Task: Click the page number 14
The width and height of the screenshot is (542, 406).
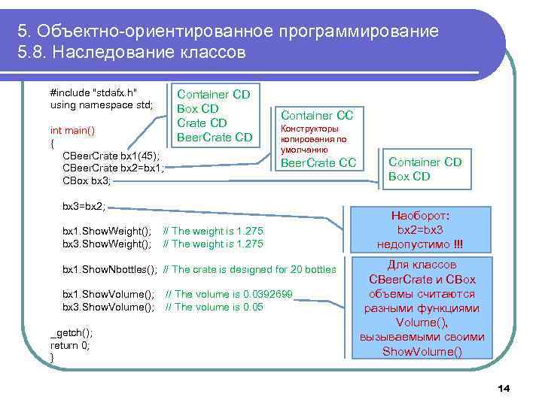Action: click(504, 388)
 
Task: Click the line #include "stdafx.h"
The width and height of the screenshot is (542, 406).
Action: click(93, 92)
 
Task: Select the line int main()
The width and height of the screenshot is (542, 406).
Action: click(72, 130)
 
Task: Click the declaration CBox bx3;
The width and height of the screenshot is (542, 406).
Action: click(86, 180)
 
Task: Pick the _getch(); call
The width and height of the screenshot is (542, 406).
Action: click(71, 332)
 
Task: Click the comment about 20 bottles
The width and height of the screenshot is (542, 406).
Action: click(249, 269)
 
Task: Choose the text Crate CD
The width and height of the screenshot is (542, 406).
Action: click(201, 123)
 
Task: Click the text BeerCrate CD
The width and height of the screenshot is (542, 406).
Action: click(214, 137)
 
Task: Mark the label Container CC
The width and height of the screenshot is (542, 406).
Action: click(317, 115)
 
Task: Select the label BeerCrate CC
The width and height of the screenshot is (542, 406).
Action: click(318, 162)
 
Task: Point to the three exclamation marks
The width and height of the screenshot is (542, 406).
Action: click(458, 244)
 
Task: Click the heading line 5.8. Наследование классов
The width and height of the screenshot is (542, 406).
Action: click(132, 54)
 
